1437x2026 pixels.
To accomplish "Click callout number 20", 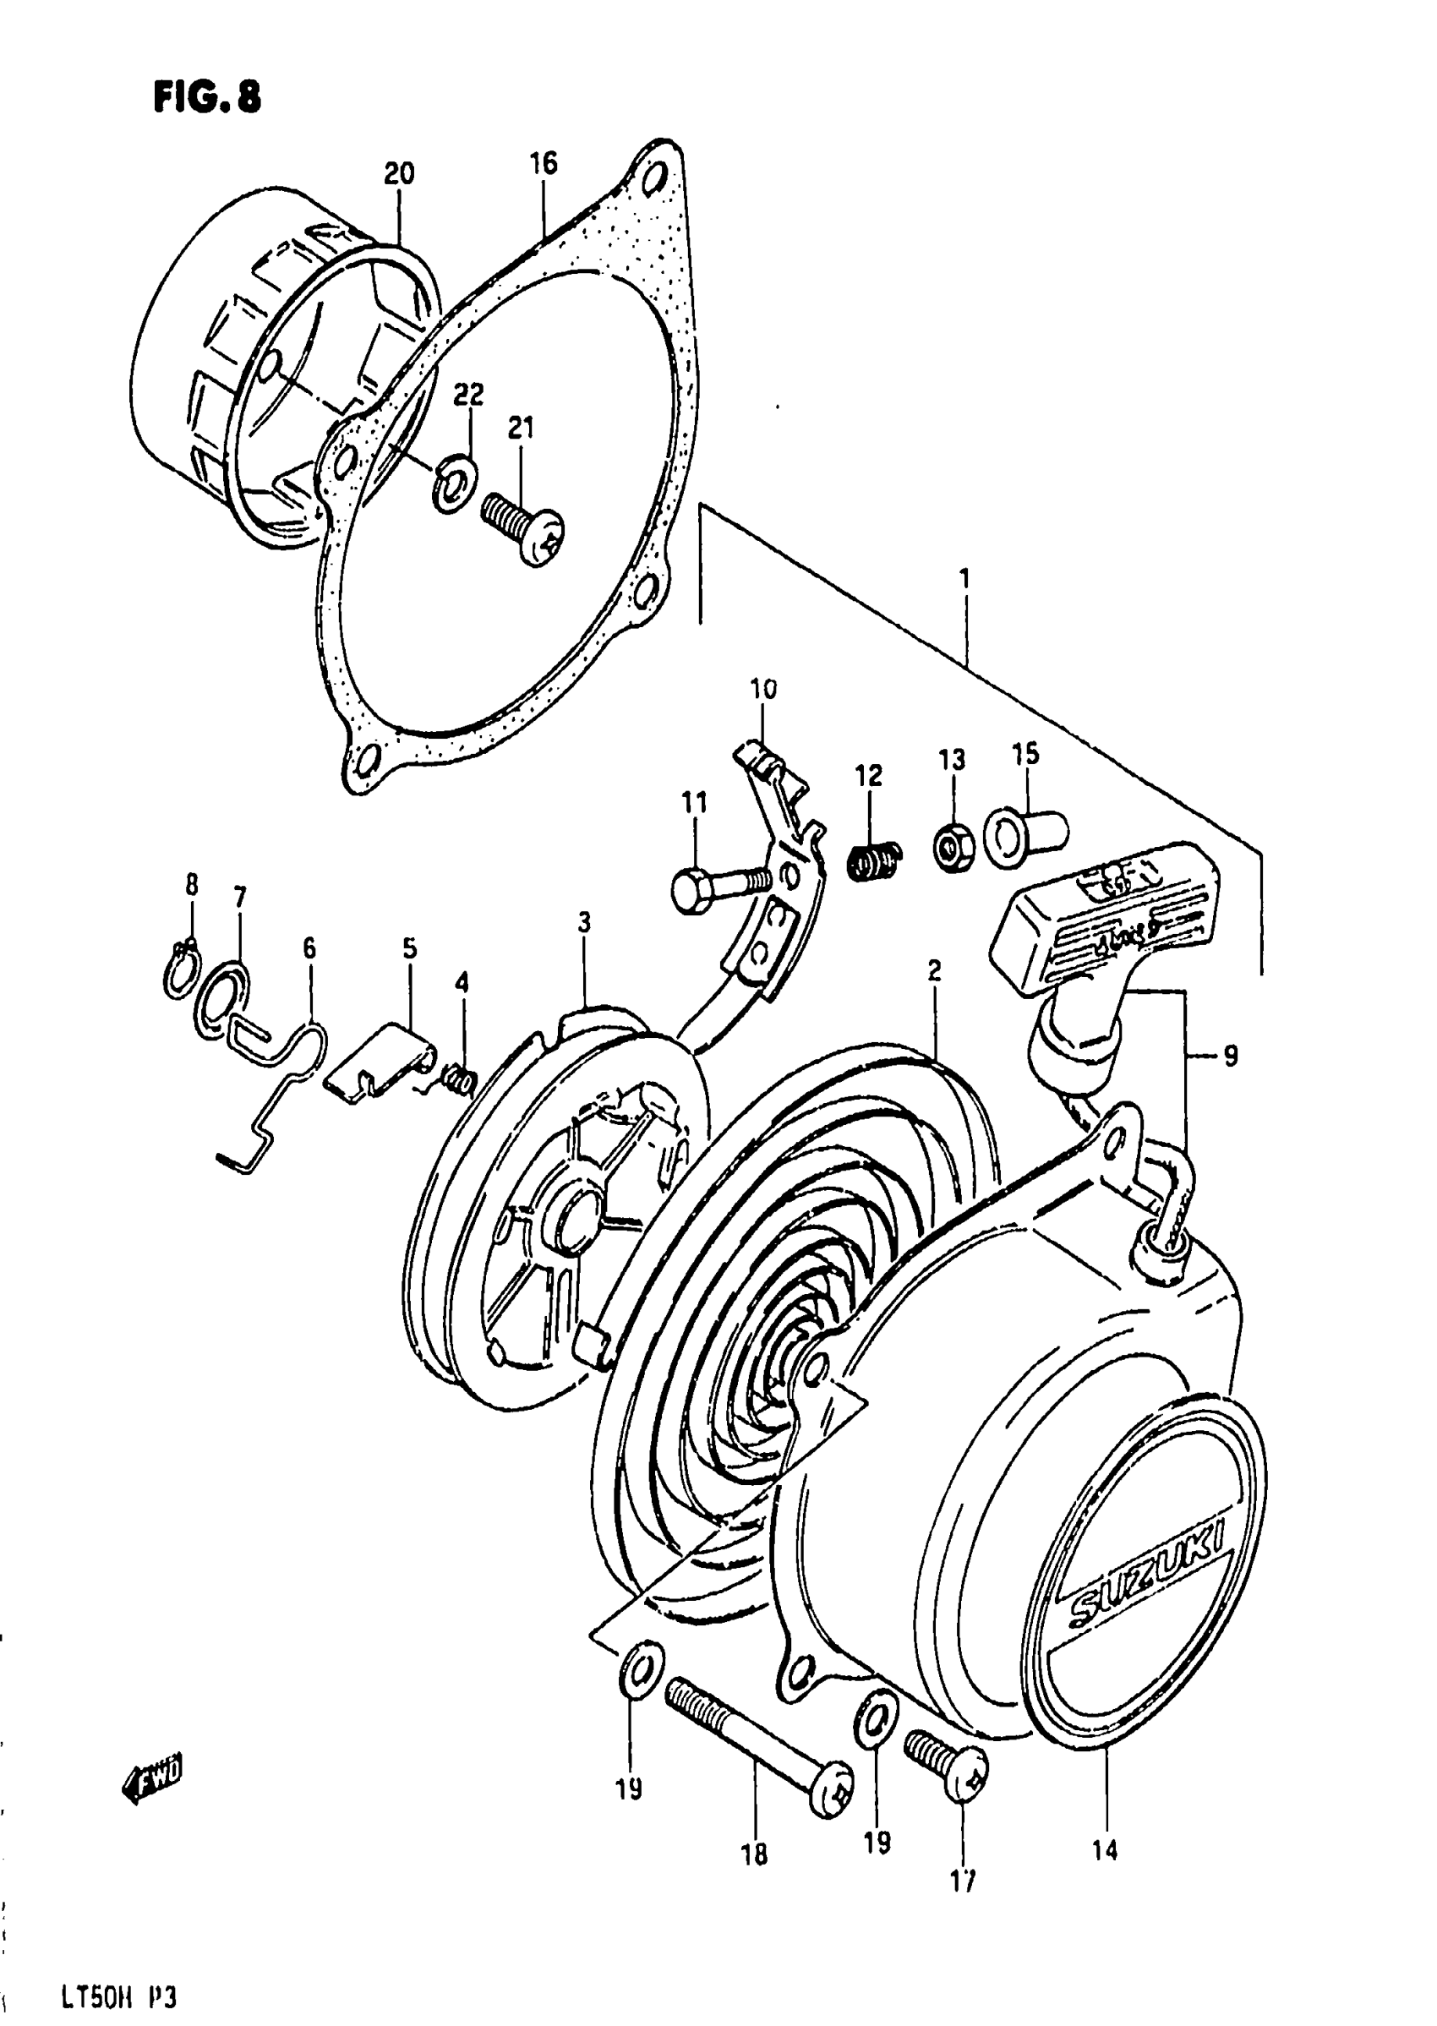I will (398, 174).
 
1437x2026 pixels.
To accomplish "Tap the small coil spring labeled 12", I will (874, 860).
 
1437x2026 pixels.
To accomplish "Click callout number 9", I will (1230, 1055).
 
